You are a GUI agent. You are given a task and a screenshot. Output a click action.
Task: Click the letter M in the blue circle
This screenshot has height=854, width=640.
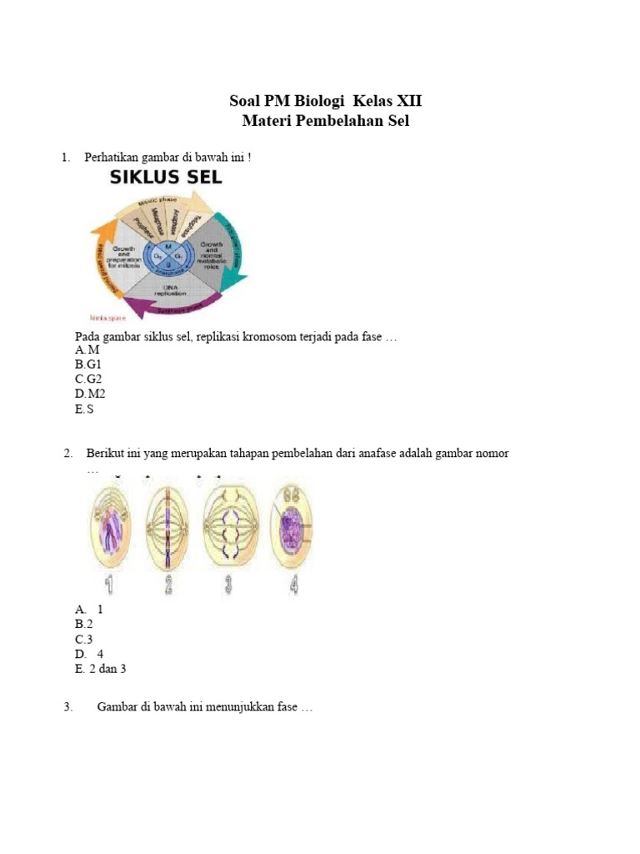tap(167, 247)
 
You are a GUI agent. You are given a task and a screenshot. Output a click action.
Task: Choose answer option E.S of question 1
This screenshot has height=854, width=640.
tap(84, 409)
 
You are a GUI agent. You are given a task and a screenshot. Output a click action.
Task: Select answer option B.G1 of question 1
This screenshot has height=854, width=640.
tap(87, 364)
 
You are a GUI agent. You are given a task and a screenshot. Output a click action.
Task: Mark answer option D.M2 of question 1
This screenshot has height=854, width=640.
tap(90, 394)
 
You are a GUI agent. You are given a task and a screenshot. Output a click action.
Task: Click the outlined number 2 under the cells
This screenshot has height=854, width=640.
tap(167, 585)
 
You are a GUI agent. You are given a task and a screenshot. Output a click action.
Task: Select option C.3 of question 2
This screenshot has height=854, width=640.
tap(84, 639)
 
